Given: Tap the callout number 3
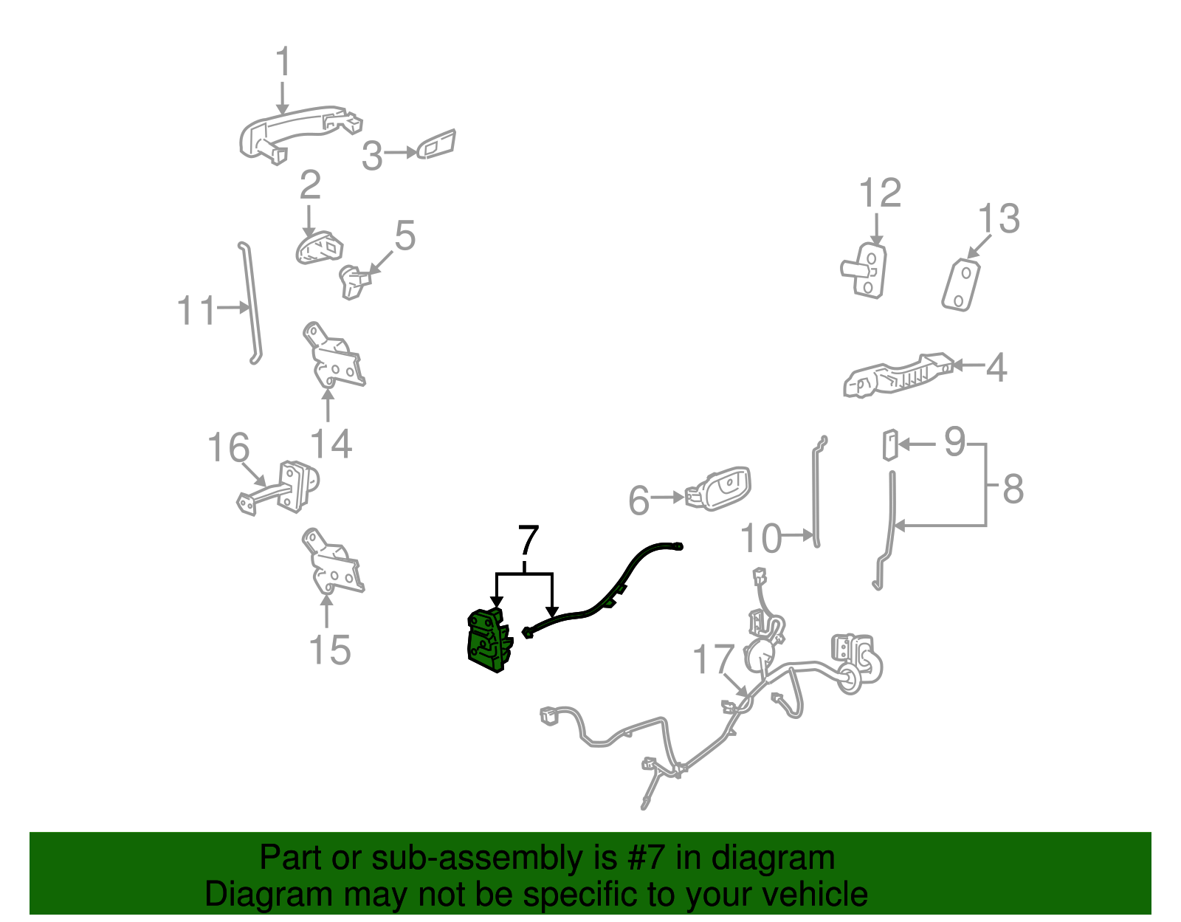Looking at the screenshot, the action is (372, 155).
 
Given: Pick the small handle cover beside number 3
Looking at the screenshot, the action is (436, 145).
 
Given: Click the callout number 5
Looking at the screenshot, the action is (405, 235).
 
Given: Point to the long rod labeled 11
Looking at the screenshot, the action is (250, 303).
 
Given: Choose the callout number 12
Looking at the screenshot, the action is (880, 193).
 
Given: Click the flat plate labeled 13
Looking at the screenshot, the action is (961, 285).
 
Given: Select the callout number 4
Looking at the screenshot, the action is (996, 368).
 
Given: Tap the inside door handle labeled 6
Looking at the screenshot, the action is (718, 489).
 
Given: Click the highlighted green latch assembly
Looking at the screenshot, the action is (489, 641).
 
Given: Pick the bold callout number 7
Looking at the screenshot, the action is (528, 540).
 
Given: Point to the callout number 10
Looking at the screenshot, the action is (761, 538).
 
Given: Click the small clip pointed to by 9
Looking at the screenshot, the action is (889, 445).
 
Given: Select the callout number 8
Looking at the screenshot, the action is (1013, 489).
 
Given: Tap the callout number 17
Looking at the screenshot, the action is (713, 659).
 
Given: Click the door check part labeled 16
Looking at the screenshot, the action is (278, 487).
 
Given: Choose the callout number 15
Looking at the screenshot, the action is (329, 650).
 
